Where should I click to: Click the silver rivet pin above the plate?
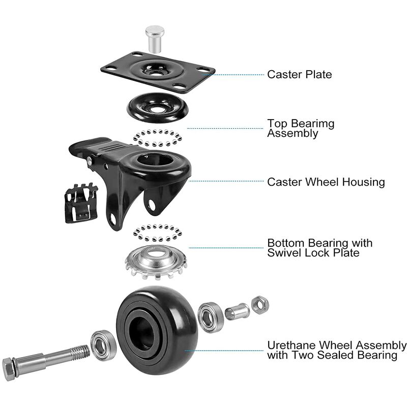click(155, 39)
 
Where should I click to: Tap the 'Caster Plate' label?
click(300, 74)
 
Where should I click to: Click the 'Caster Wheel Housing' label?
click(326, 182)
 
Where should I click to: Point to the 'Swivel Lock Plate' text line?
click(313, 252)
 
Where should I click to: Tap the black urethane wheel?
click(157, 330)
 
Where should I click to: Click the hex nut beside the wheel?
click(260, 305)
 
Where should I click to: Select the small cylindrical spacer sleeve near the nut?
click(237, 311)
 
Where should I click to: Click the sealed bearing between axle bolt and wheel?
click(103, 345)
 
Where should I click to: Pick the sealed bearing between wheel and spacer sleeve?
click(211, 317)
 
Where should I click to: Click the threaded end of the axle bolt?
click(80, 352)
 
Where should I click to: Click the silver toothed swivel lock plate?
click(156, 261)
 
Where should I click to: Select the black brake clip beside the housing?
click(81, 202)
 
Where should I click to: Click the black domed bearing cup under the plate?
click(157, 107)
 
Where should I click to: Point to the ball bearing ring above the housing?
click(157, 137)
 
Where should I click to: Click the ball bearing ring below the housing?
click(157, 233)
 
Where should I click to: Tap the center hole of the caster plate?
click(155, 73)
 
